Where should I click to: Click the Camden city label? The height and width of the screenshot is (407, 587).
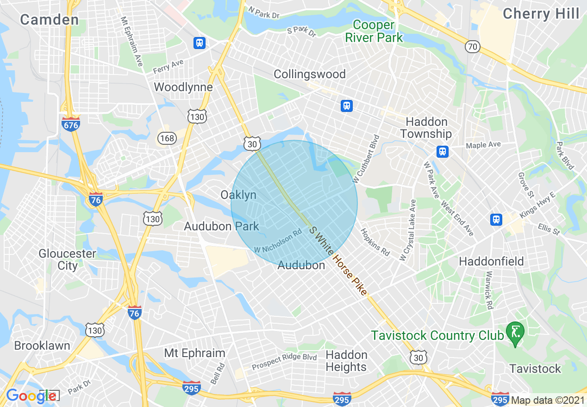(x=50, y=19)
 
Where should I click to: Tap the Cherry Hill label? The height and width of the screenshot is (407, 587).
(x=541, y=14)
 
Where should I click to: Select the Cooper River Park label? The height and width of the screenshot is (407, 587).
(x=374, y=31)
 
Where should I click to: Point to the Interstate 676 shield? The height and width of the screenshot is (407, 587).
(x=71, y=123)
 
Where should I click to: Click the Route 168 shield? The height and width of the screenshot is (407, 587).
(x=166, y=138)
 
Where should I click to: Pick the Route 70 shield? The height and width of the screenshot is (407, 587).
(x=473, y=47)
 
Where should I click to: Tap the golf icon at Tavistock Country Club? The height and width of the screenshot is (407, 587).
(x=514, y=331)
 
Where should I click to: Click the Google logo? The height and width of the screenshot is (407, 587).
(x=31, y=396)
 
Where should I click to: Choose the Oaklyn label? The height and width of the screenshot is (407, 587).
(x=238, y=195)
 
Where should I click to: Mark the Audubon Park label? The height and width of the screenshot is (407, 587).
(x=221, y=226)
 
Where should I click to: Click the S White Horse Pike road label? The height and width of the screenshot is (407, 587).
(x=338, y=261)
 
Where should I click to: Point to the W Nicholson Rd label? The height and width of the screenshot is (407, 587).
(x=278, y=242)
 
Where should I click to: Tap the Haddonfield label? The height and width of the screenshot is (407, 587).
(x=491, y=261)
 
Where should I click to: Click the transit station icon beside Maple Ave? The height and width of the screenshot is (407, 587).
(x=443, y=152)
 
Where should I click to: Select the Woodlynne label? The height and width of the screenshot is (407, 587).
(x=183, y=87)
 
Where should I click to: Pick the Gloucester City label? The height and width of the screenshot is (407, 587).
(x=67, y=259)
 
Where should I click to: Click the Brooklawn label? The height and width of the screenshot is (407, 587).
(x=42, y=345)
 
